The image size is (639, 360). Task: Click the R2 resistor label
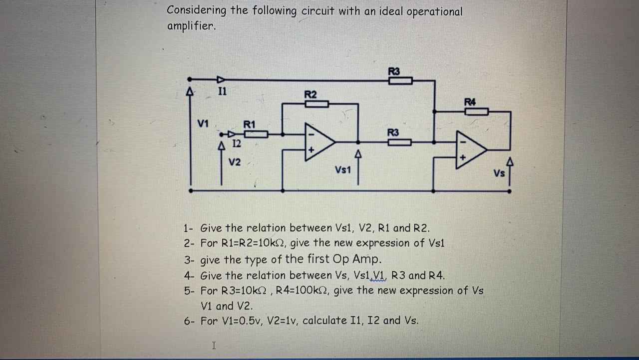coord(311,94)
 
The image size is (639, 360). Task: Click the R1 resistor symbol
coord(256,134)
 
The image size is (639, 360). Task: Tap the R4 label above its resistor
coord(470,102)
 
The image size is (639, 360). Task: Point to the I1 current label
coord(222,91)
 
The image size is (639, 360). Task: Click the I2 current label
coord(237,143)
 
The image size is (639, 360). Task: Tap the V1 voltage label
coord(203,123)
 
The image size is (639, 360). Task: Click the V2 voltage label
coord(235,162)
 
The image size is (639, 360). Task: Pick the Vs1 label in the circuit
coord(343,170)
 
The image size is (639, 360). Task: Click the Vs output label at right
coord(499,173)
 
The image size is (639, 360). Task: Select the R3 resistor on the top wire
coord(400,80)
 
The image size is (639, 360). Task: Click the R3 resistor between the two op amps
coord(399,142)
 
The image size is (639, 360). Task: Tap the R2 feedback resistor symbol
coord(317,104)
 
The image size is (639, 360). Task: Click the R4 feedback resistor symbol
coord(476,111)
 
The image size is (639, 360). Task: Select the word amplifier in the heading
coord(191,26)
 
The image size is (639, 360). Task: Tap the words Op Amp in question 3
coord(360,259)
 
